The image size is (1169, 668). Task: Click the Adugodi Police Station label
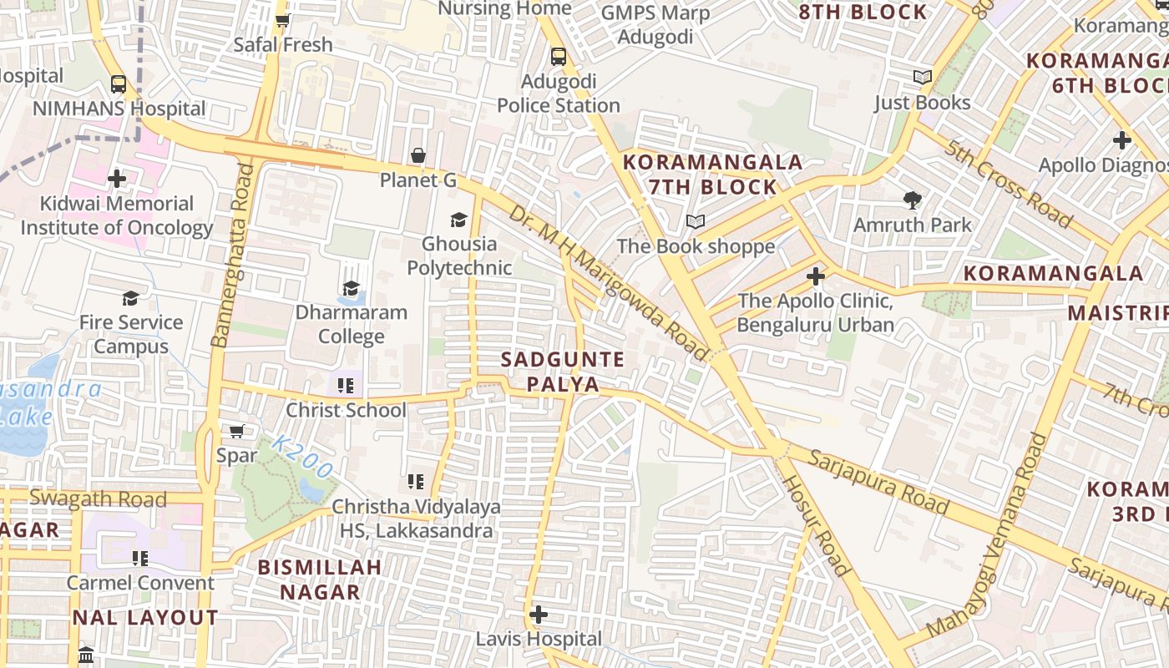pos(559,94)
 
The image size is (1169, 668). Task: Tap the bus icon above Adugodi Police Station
pos(559,57)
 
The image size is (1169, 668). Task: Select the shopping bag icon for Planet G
pos(418,155)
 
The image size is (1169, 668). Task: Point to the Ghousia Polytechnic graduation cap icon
pos(458,220)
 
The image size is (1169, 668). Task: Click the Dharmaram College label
pos(352,324)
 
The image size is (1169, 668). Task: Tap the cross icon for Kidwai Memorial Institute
pos(117,178)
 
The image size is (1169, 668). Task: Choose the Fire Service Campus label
pos(131,334)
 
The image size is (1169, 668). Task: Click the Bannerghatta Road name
pos(231,256)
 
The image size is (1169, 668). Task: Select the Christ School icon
pos(346,385)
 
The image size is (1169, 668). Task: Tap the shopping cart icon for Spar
pos(236,431)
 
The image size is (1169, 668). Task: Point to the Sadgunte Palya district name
pos(562,372)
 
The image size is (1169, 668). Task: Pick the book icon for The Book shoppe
pos(696,221)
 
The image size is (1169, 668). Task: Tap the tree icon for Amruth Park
pos(913,200)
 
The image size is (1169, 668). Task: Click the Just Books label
pos(922,103)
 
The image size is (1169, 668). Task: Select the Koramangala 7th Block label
pos(713,174)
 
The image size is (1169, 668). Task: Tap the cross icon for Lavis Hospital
pos(539,615)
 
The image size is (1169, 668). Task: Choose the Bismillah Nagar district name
pos(319,579)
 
